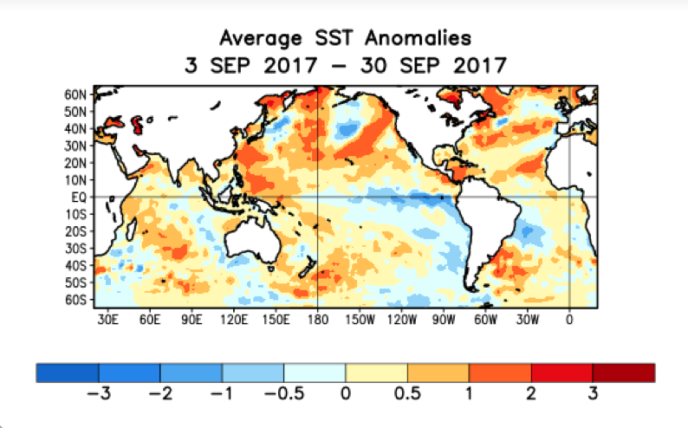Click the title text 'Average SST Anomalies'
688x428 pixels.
[x=345, y=38]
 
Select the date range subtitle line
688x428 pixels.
[x=345, y=65]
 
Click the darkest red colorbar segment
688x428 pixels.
[x=623, y=372]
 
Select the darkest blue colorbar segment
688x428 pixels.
[x=68, y=372]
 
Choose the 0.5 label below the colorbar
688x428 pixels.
[x=407, y=393]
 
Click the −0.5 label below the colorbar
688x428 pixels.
[x=282, y=393]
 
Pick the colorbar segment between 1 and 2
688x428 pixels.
[x=500, y=372]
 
